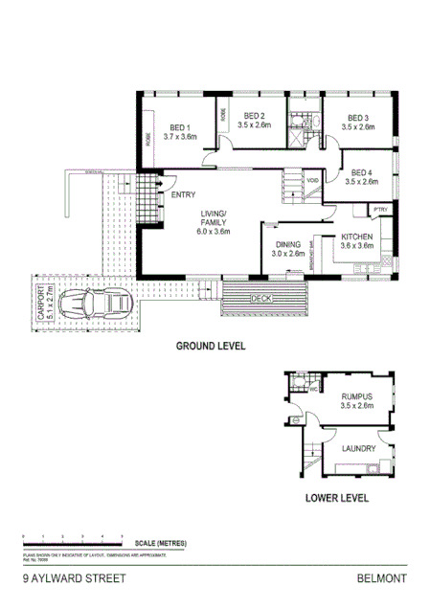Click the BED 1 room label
click(x=179, y=128)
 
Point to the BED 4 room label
click(x=363, y=173)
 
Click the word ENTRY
click(x=183, y=195)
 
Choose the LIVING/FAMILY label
click(x=214, y=215)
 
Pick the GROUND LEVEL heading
click(x=211, y=346)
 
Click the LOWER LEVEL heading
click(x=336, y=498)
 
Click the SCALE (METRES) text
click(x=160, y=544)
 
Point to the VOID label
click(x=312, y=179)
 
